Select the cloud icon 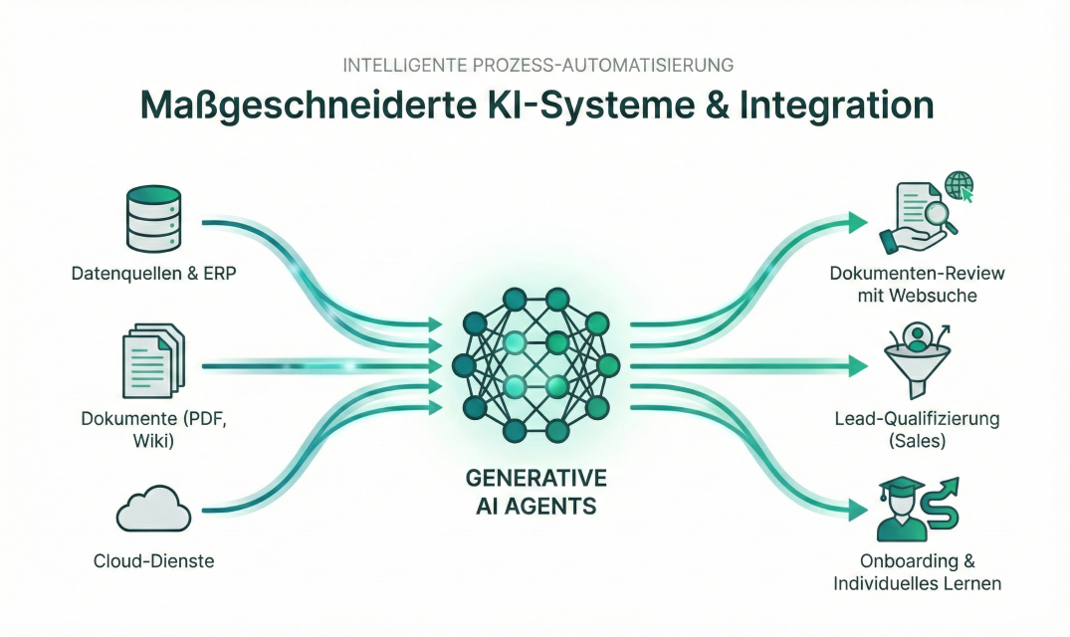[152, 512]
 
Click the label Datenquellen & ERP [153, 273]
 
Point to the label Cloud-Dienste [152, 561]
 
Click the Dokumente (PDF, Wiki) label [153, 428]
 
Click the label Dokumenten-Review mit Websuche [917, 284]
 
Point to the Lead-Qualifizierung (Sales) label [916, 430]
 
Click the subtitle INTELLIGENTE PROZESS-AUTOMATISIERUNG [537, 65]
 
